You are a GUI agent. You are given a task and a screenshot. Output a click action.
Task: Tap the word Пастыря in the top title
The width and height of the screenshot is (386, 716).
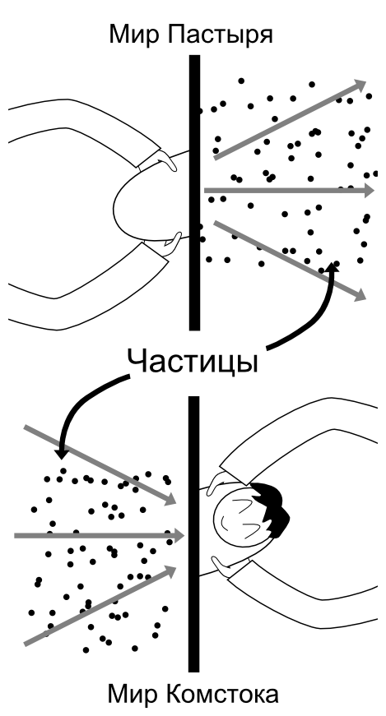[x=220, y=35]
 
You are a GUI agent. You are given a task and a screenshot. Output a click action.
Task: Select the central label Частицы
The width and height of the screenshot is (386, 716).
[x=192, y=362]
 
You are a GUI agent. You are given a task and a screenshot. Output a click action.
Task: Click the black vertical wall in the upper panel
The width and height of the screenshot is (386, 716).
[x=194, y=192]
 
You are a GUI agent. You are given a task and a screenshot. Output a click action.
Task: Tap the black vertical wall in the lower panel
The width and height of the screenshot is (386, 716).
[x=194, y=534]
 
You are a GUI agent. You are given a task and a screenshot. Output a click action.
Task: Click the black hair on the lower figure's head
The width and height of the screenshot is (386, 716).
[x=272, y=508]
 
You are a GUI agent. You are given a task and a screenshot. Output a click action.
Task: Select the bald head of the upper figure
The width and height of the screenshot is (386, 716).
[x=151, y=196]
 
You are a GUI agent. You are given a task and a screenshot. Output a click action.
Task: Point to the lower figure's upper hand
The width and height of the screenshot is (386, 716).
[x=218, y=483]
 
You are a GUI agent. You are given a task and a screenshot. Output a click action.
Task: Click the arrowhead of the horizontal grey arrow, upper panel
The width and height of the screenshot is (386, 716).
[x=369, y=191]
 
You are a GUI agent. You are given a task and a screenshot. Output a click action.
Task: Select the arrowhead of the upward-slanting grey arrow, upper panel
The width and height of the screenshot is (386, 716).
[x=359, y=85]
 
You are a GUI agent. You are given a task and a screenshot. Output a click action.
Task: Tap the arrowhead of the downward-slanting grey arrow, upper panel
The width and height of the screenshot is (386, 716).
[x=360, y=294]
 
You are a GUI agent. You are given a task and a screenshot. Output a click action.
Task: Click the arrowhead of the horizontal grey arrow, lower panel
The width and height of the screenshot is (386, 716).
[x=178, y=536]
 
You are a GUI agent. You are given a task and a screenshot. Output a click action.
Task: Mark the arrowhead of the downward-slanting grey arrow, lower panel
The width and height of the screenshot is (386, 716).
[x=170, y=499]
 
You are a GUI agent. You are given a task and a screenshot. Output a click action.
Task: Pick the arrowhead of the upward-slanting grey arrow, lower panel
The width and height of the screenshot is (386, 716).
[x=170, y=570]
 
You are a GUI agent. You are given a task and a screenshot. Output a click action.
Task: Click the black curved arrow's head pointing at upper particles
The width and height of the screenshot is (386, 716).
[x=333, y=266]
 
